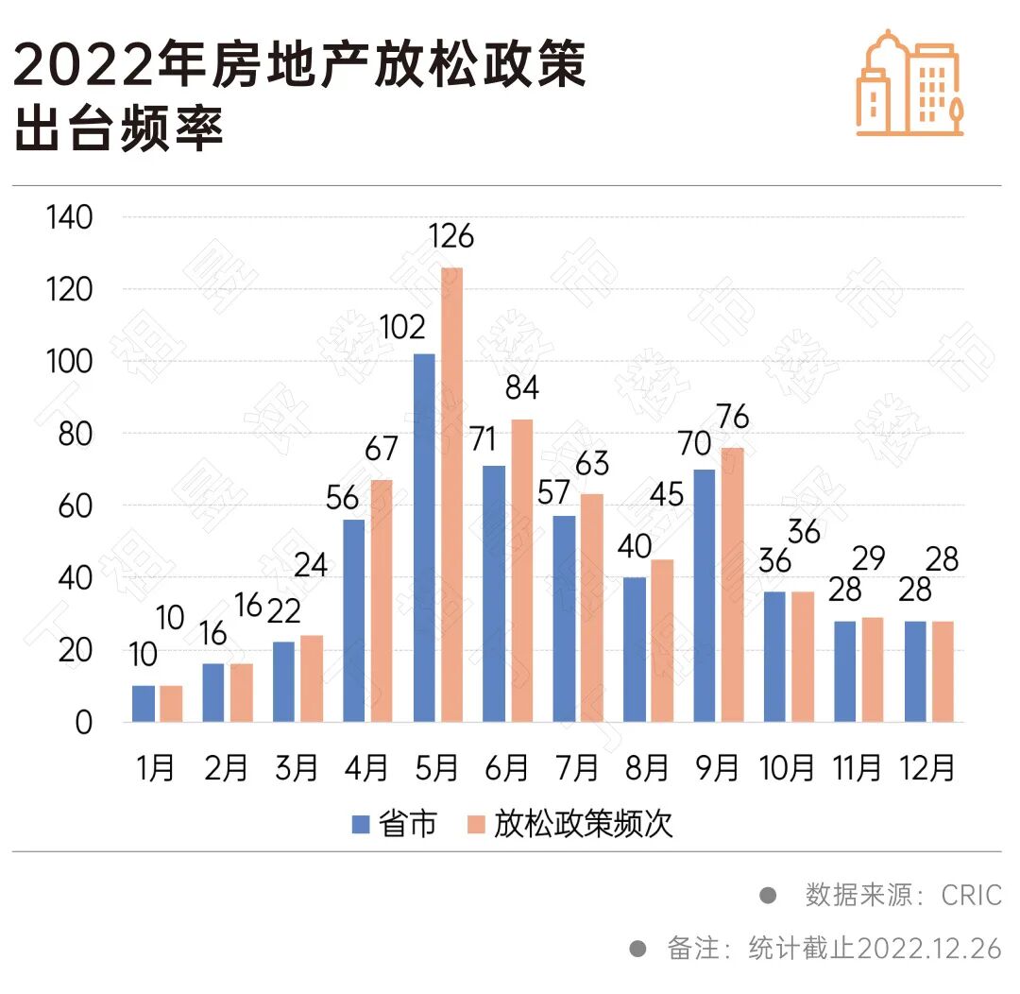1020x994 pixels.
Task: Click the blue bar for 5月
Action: [x=424, y=539]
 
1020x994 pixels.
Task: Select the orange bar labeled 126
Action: [x=451, y=495]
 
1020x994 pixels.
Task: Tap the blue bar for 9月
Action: [x=705, y=596]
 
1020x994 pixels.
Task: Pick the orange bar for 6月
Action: [x=521, y=571]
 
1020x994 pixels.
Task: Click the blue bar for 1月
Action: [x=144, y=704]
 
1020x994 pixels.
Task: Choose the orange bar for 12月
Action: [x=943, y=672]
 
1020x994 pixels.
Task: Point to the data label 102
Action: [x=403, y=328]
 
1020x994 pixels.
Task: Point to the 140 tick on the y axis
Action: [x=69, y=217]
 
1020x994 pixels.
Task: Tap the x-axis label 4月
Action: [x=367, y=768]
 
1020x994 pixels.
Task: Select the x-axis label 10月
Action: [x=787, y=768]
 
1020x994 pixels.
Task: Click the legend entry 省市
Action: [x=396, y=824]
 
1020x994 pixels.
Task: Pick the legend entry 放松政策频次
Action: [x=570, y=824]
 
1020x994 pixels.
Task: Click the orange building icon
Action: [x=909, y=84]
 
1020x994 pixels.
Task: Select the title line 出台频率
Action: [x=118, y=129]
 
